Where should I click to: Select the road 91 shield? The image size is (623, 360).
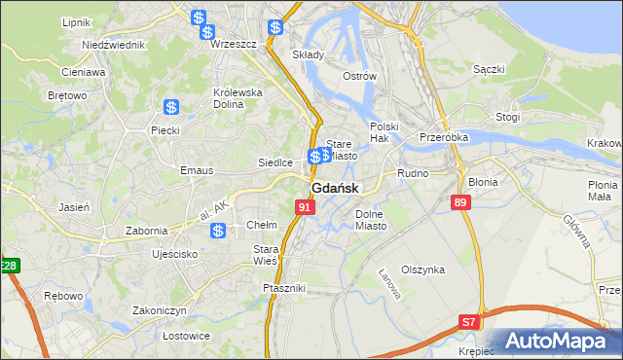coord(306,207)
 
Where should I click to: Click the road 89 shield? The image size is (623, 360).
coord(461,201)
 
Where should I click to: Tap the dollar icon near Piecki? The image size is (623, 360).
coord(171,108)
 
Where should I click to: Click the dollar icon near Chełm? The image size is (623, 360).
coord(219,231)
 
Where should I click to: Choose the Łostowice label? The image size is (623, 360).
coord(160,336)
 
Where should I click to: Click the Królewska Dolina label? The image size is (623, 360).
coord(238,99)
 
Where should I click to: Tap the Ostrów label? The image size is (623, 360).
coord(359,76)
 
